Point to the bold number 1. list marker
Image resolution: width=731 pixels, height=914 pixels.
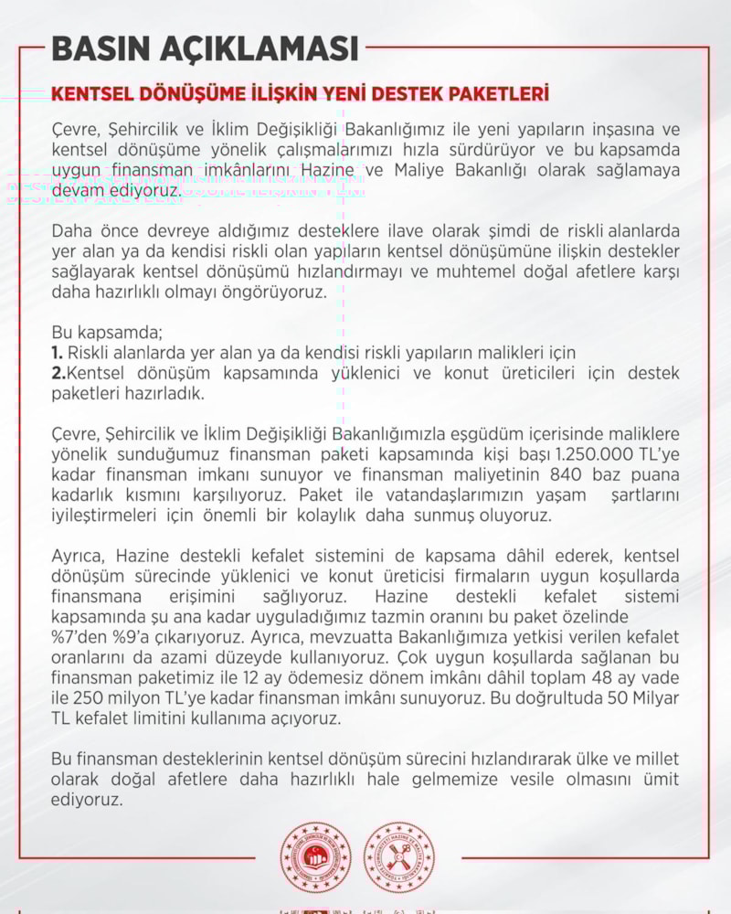[57, 353]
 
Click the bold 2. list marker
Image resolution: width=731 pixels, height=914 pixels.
[58, 372]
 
